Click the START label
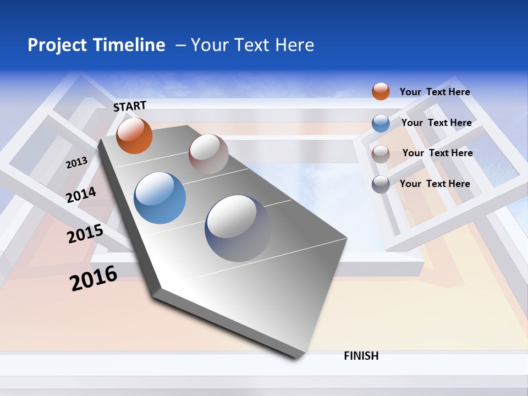(130, 106)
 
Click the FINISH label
(361, 356)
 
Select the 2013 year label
(77, 162)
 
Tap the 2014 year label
(81, 195)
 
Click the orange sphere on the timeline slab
(135, 136)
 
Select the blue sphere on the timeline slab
(159, 198)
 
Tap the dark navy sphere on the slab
(238, 228)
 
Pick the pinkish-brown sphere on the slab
(208, 154)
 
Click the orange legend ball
(381, 91)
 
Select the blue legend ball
(381, 123)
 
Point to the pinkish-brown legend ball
(381, 153)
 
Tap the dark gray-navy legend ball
(381, 184)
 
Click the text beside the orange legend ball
(435, 92)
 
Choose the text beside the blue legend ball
(436, 123)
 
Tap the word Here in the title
(294, 45)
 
